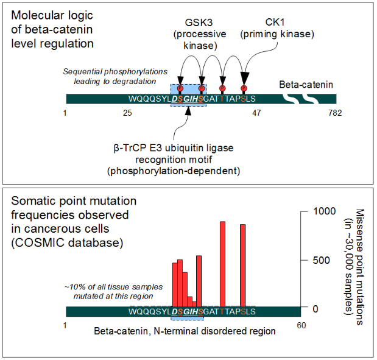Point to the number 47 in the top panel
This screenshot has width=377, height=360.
click(x=257, y=113)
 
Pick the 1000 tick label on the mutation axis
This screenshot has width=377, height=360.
click(x=325, y=211)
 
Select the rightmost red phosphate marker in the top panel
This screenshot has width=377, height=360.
click(x=244, y=88)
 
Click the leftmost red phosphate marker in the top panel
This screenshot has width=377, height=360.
click(x=180, y=88)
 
